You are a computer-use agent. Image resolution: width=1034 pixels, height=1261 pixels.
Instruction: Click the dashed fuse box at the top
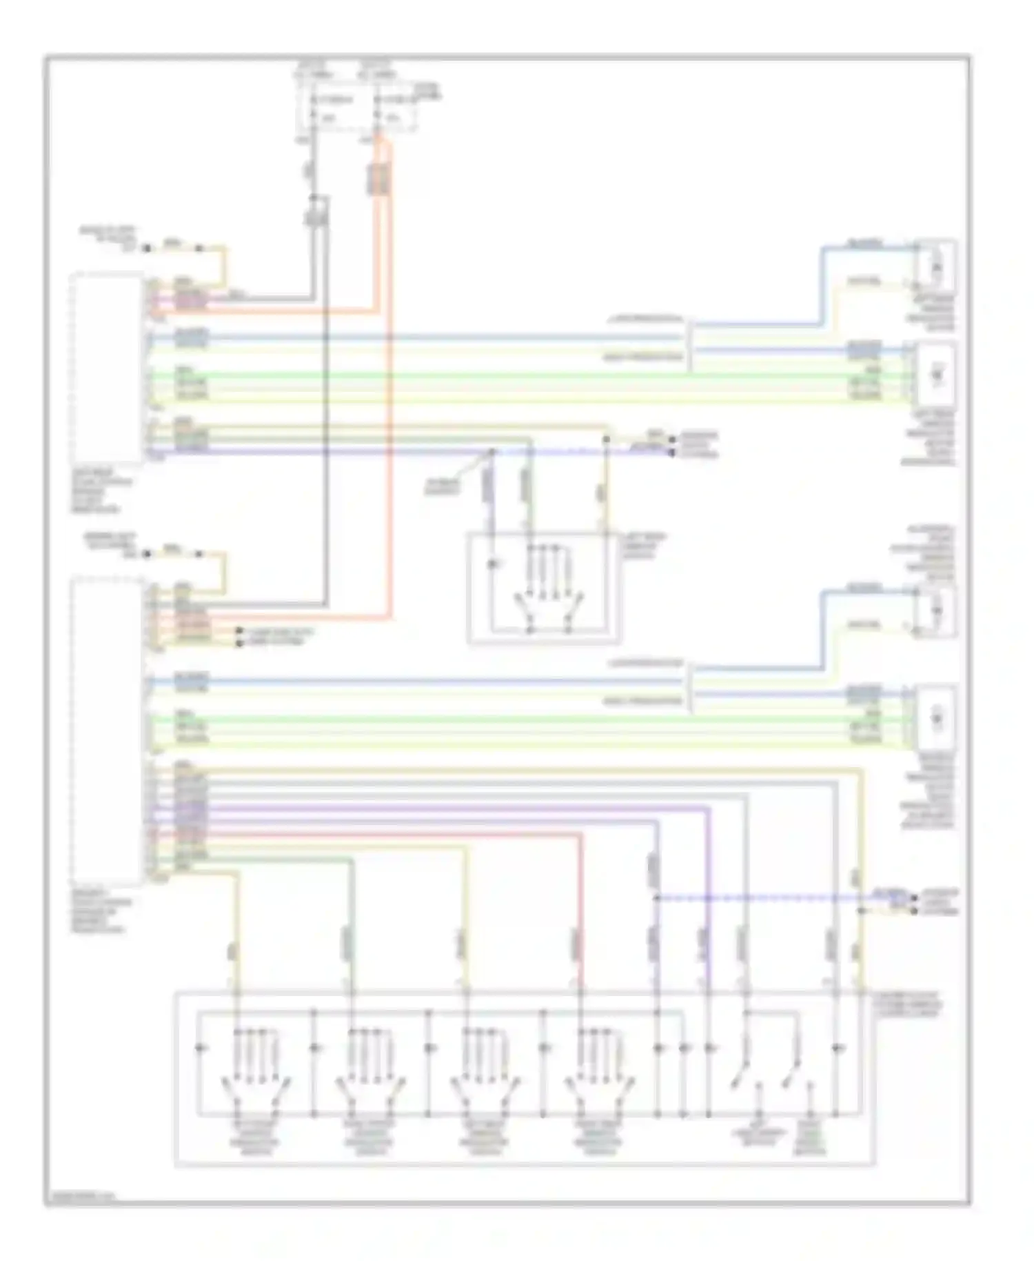pyautogui.click(x=356, y=107)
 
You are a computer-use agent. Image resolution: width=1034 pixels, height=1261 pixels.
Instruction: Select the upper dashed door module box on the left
pyautogui.click(x=107, y=369)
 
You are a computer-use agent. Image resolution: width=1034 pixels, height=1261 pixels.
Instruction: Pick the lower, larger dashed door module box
pyautogui.click(x=107, y=731)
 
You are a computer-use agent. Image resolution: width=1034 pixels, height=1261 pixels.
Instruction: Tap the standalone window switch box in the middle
pyautogui.click(x=544, y=588)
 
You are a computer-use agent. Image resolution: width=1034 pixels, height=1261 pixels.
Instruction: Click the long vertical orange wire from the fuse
pyautogui.click(x=390, y=414)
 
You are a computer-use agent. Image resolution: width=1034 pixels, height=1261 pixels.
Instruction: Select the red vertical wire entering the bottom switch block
pyautogui.click(x=580, y=911)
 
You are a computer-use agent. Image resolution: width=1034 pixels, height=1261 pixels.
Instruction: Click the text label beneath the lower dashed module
pyautogui.click(x=101, y=911)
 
